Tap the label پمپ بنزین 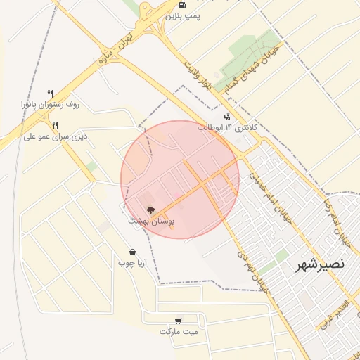click(x=179, y=15)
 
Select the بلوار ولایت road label click(x=198, y=76)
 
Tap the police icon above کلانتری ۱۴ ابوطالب click(x=227, y=117)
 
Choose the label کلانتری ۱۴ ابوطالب click(x=227, y=128)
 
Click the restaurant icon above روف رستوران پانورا click(x=50, y=94)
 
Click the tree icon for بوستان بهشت click(x=150, y=210)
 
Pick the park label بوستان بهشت click(x=150, y=221)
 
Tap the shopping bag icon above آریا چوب click(x=132, y=252)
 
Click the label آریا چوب click(x=132, y=263)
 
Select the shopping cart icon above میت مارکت click(x=179, y=320)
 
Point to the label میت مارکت click(x=179, y=331)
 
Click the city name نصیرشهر click(x=319, y=264)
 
